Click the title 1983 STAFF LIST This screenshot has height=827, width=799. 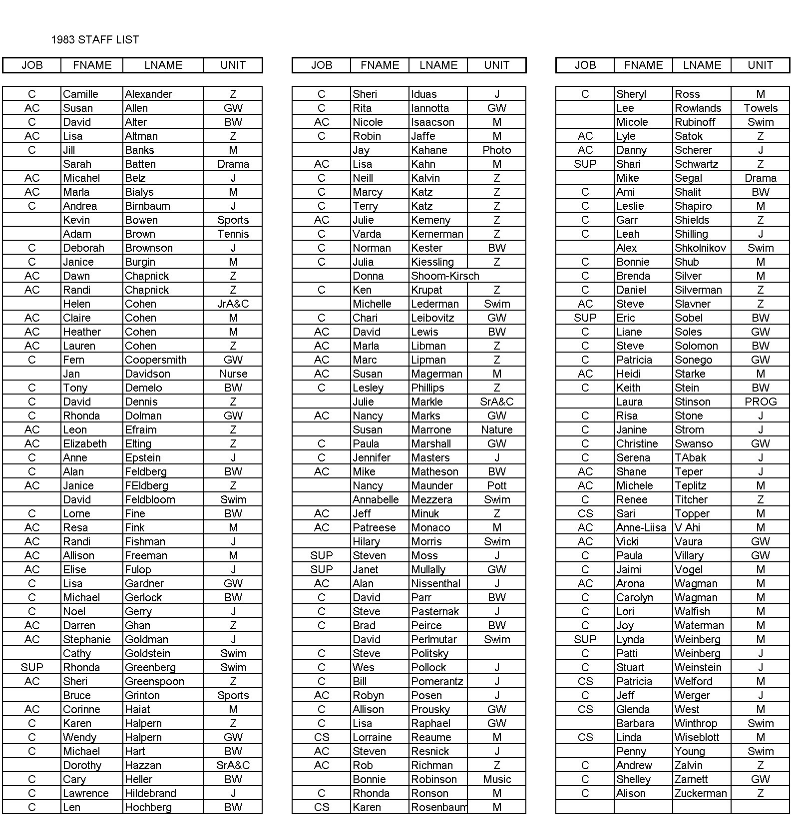tap(95, 40)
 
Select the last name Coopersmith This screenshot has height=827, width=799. tap(155, 360)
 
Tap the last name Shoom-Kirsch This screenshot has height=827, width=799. tap(445, 276)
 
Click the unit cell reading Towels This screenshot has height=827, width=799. tap(760, 108)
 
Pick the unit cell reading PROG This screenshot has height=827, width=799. tap(760, 402)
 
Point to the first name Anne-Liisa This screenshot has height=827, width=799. tap(641, 528)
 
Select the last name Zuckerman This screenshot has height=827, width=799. tap(700, 794)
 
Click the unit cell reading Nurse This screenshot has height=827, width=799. tap(233, 374)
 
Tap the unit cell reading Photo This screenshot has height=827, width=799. tap(496, 150)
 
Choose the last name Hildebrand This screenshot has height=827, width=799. tap(155, 794)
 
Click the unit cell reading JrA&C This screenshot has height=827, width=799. tap(233, 304)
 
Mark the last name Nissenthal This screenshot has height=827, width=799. tap(436, 584)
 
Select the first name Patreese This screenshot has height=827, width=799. tap(374, 528)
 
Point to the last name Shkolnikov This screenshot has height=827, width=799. tap(700, 248)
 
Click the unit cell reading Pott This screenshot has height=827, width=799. tap(496, 486)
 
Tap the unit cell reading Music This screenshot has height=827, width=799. tap(496, 780)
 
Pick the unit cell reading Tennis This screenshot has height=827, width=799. tap(233, 234)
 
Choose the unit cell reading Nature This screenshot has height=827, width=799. tap(496, 430)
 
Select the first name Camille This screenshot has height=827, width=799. tap(80, 94)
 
